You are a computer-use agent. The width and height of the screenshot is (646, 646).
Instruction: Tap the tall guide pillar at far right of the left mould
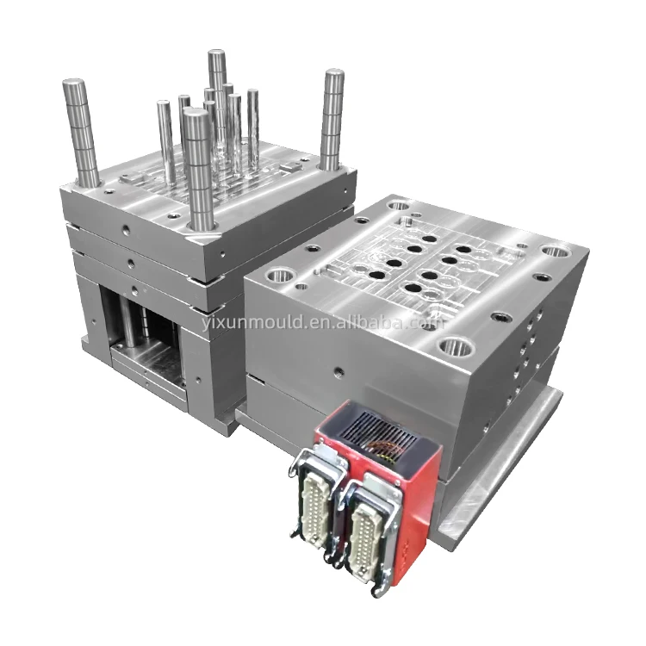pos(332,121)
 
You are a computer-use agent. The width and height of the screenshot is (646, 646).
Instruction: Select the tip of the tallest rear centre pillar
pos(217,53)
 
